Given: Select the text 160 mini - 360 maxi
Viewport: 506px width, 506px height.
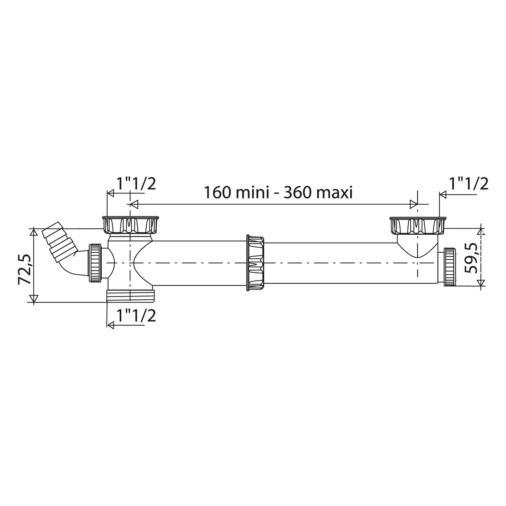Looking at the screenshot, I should (x=278, y=193).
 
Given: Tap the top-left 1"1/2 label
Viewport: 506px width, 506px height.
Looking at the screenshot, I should (x=135, y=183).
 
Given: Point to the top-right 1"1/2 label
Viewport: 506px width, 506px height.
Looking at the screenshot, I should (x=468, y=183).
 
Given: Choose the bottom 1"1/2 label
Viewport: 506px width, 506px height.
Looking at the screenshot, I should (x=135, y=316).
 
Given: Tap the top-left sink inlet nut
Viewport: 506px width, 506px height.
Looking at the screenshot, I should (x=130, y=225).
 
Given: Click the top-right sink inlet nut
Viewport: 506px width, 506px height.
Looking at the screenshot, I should (x=417, y=225).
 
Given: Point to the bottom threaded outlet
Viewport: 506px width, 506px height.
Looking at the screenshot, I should (x=130, y=296).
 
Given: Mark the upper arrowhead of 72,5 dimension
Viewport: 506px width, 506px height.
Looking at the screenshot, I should (x=33, y=232).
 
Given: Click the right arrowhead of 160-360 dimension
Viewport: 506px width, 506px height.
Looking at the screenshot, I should (x=414, y=204).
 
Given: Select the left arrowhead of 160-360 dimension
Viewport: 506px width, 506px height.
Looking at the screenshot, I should (x=134, y=204).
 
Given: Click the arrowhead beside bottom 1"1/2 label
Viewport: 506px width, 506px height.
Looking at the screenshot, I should (x=110, y=325).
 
